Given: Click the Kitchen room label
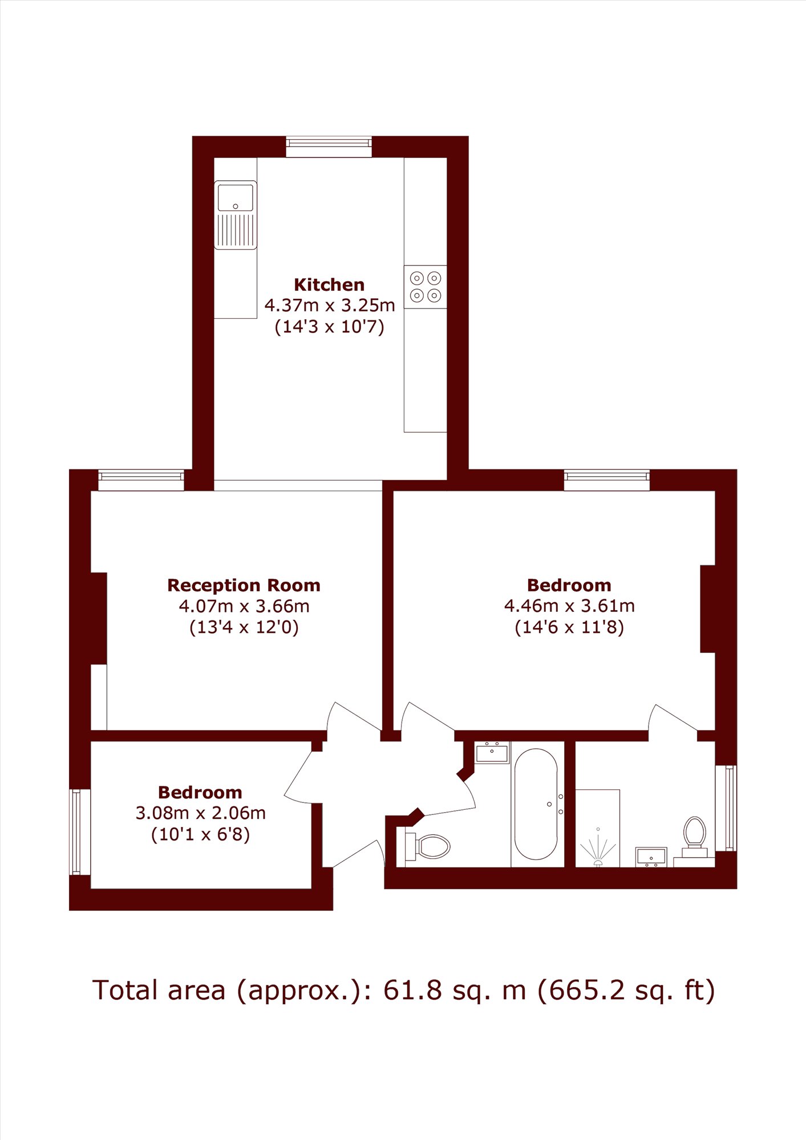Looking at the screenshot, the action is [x=329, y=285].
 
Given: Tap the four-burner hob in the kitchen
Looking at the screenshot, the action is [x=426, y=287].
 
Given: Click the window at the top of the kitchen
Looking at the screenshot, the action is [x=329, y=147].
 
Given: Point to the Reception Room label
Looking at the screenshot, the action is [x=244, y=585].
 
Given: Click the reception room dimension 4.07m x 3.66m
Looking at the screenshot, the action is [x=244, y=606].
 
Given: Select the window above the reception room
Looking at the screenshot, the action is [x=141, y=480].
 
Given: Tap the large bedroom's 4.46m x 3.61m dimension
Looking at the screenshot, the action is [x=569, y=606].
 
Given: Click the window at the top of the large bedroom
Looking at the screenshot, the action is [x=607, y=480].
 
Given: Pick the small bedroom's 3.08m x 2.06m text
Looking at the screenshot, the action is [x=200, y=813].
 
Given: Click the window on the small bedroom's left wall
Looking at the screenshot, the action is [x=80, y=831].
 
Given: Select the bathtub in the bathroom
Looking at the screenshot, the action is [x=536, y=804].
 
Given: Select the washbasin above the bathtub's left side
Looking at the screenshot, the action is [x=492, y=752].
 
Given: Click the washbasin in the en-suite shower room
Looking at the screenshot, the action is [x=651, y=857].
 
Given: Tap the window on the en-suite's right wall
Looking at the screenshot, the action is [x=726, y=808].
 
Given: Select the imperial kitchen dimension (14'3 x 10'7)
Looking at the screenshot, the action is [x=329, y=327].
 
